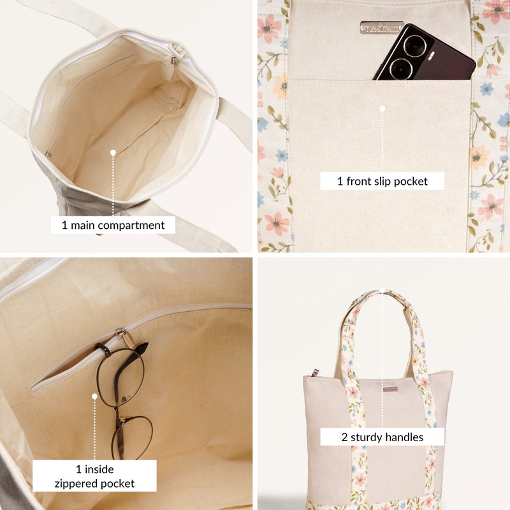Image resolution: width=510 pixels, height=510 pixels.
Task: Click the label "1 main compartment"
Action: point(113,224)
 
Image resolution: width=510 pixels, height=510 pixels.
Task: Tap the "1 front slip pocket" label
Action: point(382,181)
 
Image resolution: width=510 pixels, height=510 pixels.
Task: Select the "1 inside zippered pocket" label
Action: point(94,476)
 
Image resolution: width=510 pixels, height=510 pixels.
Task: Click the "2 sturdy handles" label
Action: point(382,437)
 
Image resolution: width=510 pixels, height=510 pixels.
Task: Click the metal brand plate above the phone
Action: point(381,27)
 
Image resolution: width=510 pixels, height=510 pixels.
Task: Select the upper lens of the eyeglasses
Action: point(120,377)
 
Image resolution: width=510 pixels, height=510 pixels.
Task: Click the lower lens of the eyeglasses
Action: point(133,437)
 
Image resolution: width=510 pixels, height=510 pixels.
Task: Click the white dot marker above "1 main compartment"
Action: point(113,152)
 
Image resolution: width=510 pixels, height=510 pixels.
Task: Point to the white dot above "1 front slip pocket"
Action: point(382,109)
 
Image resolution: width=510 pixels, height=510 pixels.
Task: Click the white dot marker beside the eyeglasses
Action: point(94,396)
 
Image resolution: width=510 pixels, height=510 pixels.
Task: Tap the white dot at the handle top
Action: point(382,292)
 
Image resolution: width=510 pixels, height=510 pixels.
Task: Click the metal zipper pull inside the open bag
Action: point(173,61)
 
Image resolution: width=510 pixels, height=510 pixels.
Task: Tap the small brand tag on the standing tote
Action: point(390,388)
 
